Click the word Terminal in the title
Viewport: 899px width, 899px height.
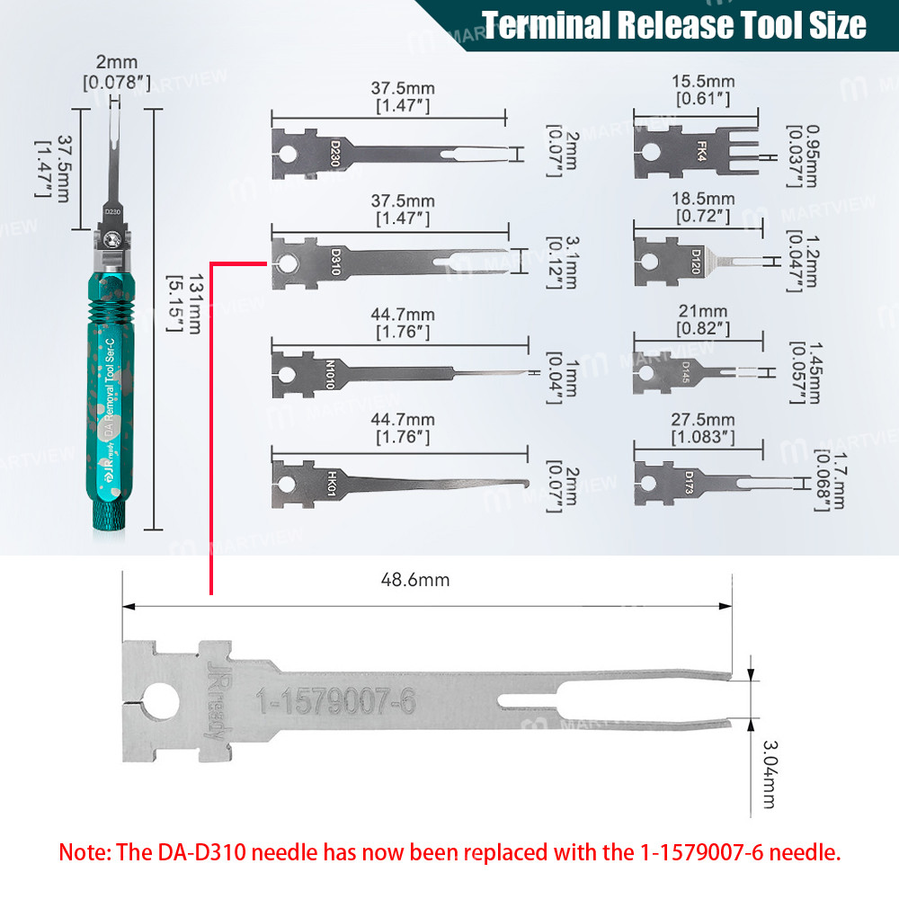[x=549, y=26]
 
